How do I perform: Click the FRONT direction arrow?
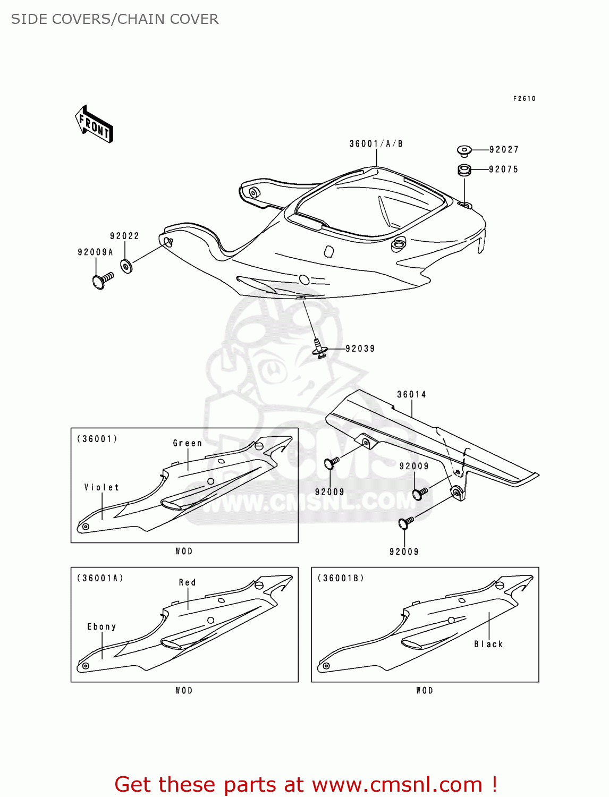(94, 124)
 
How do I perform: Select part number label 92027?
(503, 150)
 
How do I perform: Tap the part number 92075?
(503, 169)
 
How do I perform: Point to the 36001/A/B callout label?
(376, 144)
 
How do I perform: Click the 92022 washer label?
(124, 236)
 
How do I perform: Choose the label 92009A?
(95, 252)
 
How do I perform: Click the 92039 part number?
(360, 349)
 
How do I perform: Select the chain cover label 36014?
(411, 394)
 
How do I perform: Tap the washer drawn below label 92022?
(126, 266)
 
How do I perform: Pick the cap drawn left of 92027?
(464, 151)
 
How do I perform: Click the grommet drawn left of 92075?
(464, 171)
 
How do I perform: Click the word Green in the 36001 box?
(187, 443)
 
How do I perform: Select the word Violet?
(101, 487)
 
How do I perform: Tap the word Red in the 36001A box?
(187, 582)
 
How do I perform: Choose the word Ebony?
(101, 627)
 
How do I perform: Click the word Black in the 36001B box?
(488, 644)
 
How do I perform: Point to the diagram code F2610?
(524, 99)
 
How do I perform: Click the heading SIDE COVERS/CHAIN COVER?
(115, 19)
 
